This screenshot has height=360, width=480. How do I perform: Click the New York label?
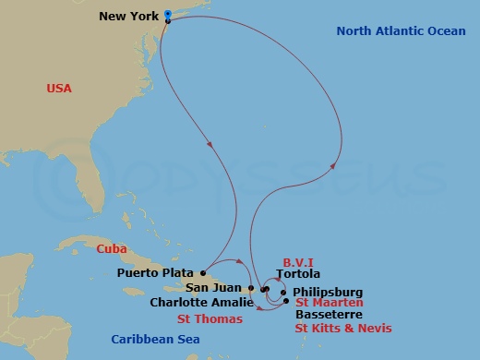127,17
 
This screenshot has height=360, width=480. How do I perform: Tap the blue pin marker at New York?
167,14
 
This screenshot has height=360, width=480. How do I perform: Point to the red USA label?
59,89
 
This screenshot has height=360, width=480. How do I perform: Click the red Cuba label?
111,248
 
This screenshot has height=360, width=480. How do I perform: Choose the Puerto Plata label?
156,273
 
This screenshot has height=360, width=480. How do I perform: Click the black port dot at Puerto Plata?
203,272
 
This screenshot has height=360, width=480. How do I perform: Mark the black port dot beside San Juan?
250,288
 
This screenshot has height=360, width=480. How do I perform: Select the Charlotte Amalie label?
201,303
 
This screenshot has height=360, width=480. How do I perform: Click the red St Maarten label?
328,303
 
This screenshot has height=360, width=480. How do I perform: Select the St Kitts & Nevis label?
342,328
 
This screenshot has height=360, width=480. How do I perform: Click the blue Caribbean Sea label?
156,339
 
